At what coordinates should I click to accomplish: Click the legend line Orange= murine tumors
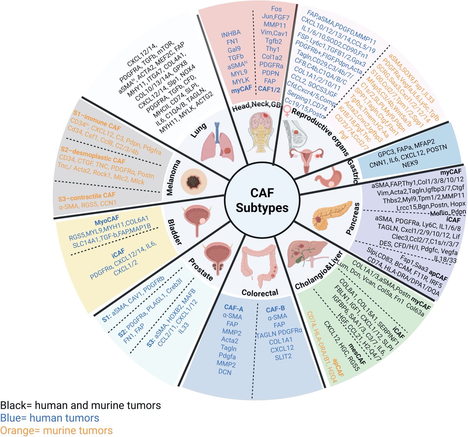pyautogui.click(x=57, y=430)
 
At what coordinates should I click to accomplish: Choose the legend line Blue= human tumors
pyautogui.click(x=50, y=418)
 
